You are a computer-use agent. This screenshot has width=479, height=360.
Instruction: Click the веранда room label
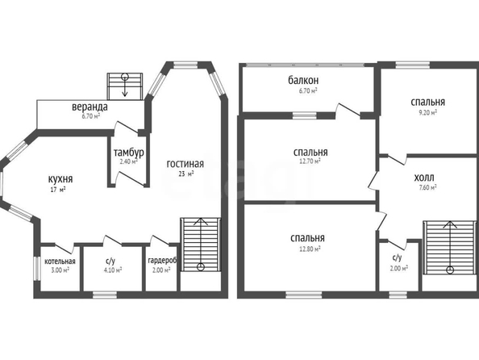(90, 107)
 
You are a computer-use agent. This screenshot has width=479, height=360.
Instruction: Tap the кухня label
(60, 178)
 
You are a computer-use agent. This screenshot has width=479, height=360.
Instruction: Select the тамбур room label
(128, 153)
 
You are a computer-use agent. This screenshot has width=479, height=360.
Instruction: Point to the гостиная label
(185, 164)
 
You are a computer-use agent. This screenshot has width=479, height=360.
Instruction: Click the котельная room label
(60, 262)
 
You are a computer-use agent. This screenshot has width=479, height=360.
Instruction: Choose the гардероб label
(162, 261)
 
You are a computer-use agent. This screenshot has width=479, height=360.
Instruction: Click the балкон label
(303, 80)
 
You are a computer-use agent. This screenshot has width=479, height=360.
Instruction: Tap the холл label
(424, 178)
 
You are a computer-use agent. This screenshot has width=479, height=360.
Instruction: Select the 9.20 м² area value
(428, 112)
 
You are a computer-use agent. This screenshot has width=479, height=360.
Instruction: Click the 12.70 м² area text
(310, 161)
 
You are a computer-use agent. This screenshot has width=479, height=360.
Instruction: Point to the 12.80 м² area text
(310, 249)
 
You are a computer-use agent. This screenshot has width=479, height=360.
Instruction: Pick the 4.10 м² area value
(113, 270)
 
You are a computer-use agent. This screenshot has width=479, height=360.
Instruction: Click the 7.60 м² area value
(427, 187)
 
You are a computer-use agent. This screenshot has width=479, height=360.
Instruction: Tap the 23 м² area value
(186, 174)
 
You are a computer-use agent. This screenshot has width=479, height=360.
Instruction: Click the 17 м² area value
(58, 190)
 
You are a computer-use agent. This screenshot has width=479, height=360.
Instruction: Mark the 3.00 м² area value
(60, 270)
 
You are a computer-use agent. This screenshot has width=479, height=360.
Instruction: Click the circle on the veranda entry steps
(125, 77)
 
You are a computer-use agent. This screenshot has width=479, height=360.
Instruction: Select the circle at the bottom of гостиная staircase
(201, 267)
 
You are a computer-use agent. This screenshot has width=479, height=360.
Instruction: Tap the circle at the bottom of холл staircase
(450, 270)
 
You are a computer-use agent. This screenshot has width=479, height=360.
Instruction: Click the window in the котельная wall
(36, 268)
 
